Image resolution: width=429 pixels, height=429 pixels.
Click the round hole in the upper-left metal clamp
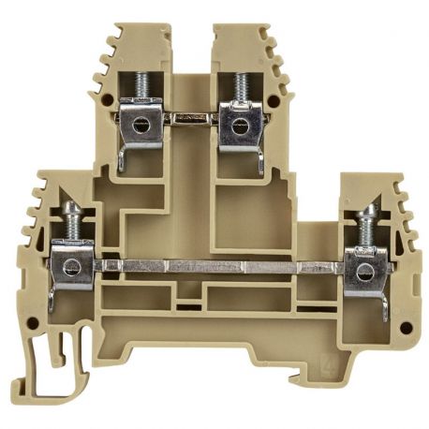pos(141,123)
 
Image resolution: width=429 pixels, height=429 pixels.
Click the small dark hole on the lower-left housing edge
pos(34,324)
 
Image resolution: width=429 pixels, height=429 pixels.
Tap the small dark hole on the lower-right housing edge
pos(405,328)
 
